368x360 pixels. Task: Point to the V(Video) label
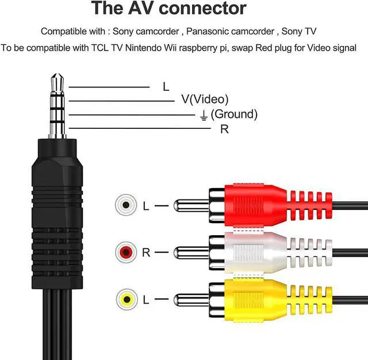205,99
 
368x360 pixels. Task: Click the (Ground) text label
234,114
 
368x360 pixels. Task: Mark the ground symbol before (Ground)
203,115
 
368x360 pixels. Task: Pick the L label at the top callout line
166,87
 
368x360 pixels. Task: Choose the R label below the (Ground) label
224,129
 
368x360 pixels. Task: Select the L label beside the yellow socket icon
145,300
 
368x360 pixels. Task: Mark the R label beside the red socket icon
145,252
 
